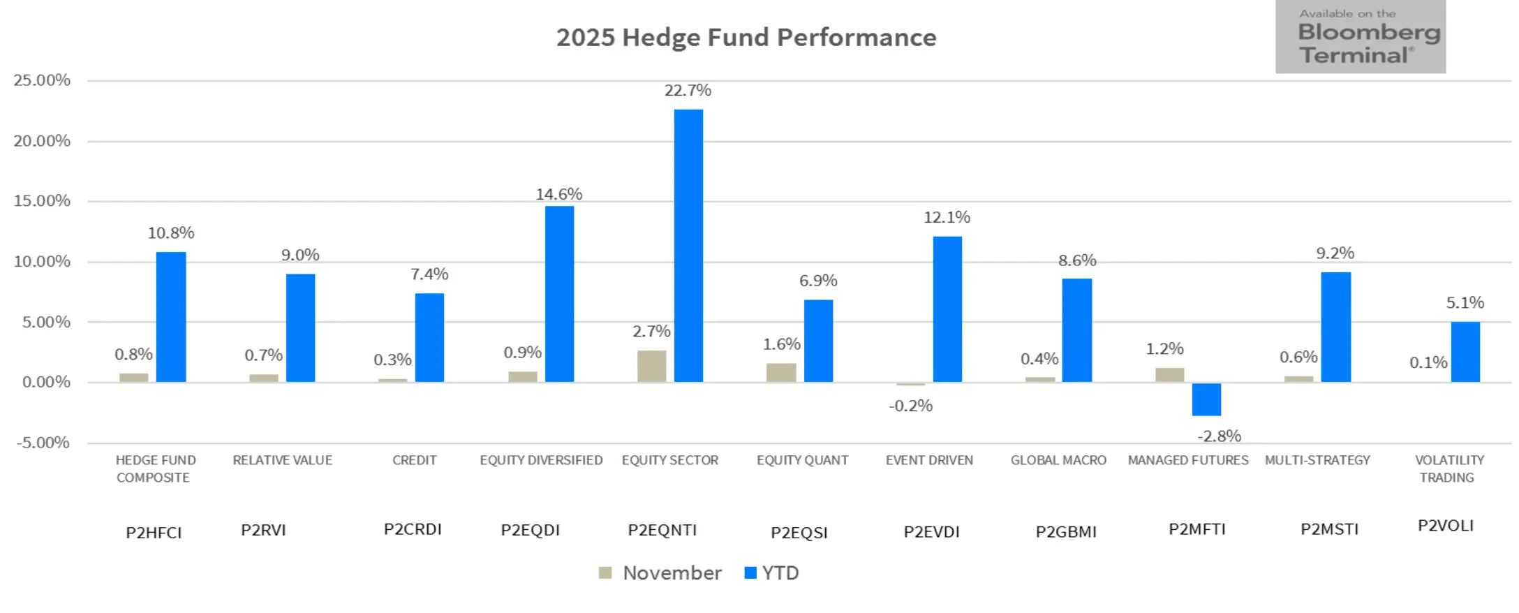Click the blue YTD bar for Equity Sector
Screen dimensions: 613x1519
(688, 246)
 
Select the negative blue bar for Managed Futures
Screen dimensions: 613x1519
(1206, 399)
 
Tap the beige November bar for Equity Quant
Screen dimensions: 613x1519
(780, 372)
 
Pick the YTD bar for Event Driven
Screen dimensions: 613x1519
(947, 309)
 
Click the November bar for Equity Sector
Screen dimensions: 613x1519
(651, 366)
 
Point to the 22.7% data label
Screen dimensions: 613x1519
(688, 91)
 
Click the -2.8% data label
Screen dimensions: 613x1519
(1219, 436)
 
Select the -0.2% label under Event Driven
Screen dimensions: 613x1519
(910, 406)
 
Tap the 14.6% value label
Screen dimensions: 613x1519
(558, 194)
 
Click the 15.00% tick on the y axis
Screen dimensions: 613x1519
(42, 201)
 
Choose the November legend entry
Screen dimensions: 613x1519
(660, 573)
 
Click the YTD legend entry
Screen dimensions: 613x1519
(772, 573)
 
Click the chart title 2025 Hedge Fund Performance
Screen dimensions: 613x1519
(746, 38)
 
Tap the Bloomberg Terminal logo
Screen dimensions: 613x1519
(1360, 38)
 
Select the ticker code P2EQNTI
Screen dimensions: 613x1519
(662, 530)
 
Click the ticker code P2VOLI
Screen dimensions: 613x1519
(1445, 526)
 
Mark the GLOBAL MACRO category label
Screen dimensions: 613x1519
(1058, 460)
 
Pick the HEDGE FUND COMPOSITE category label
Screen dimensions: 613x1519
(155, 468)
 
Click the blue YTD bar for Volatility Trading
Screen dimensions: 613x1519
(1465, 352)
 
